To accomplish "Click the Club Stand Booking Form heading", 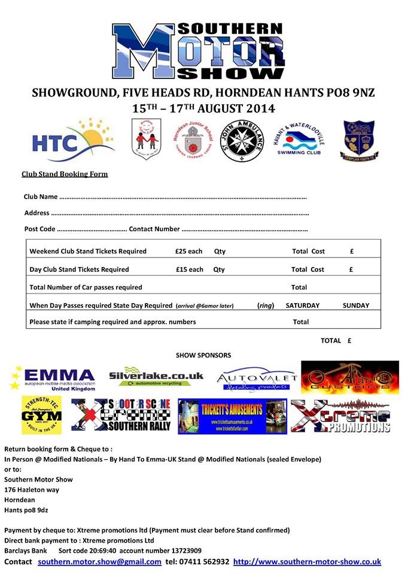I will [65, 174].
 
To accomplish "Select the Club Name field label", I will [41, 196].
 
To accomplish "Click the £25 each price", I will [189, 252].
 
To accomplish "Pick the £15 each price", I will [189, 270].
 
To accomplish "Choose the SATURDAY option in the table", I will [302, 305].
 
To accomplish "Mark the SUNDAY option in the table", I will [355, 305].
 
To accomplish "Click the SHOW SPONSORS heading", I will [203, 356].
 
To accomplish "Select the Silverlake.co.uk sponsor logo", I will [156, 377].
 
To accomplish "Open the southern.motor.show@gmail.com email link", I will [99, 562].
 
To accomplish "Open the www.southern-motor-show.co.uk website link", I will [307, 562].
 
